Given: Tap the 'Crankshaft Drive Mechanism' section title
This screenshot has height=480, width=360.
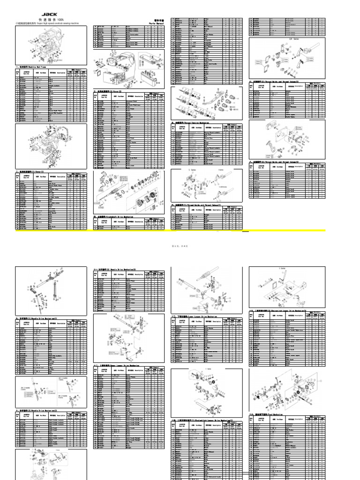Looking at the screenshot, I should point(114,217).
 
